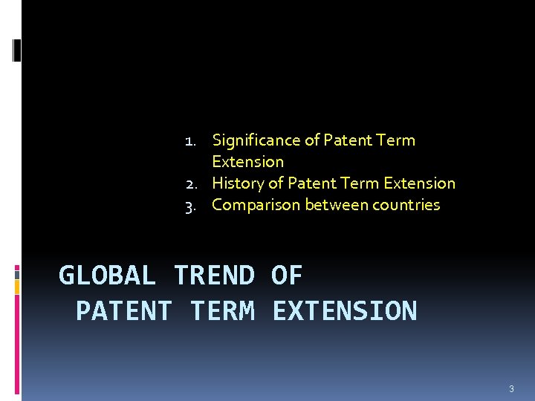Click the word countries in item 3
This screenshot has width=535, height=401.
406,204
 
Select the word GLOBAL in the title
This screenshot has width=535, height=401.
107,276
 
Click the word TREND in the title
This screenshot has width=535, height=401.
213,276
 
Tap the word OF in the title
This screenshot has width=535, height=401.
287,276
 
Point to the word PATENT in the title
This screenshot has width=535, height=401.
124,310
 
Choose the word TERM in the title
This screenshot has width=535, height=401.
222,310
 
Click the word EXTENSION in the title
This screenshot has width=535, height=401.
344,310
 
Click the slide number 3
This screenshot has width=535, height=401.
511,388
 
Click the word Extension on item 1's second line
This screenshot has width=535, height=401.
247,161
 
